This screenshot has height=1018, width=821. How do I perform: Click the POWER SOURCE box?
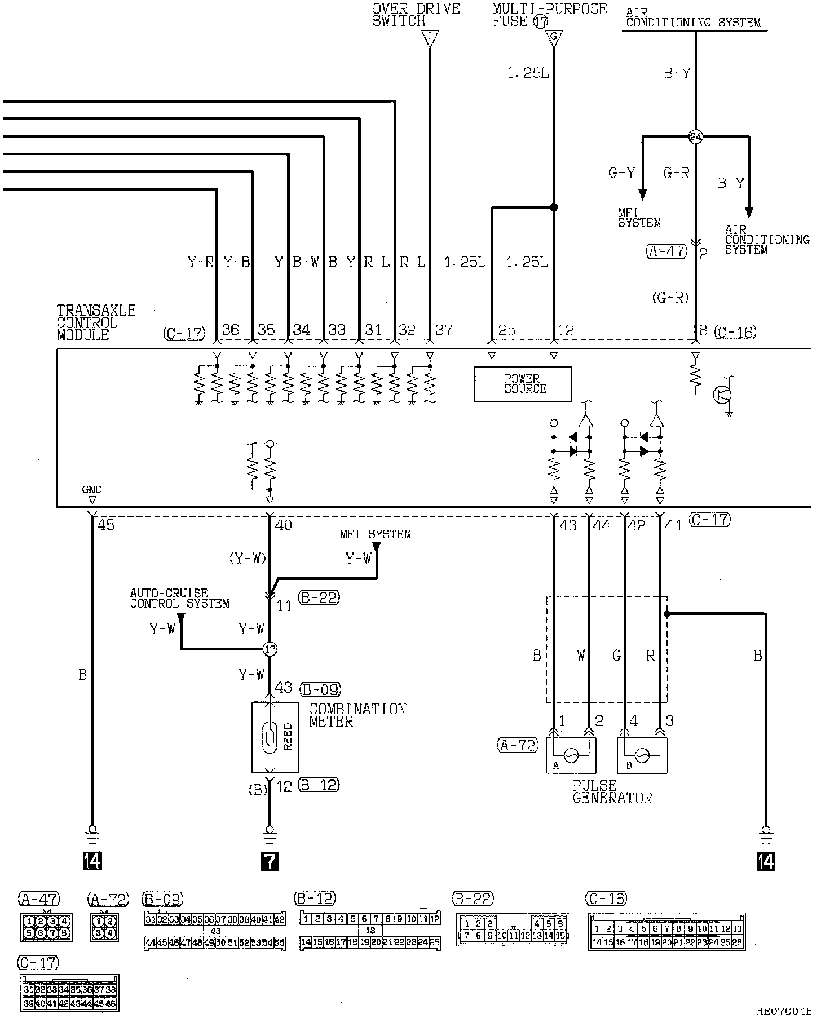coord(523,384)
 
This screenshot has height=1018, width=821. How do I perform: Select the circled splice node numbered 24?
coord(696,136)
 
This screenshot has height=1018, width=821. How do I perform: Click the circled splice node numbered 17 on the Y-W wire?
coord(270,649)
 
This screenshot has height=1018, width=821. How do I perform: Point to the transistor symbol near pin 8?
coord(722,395)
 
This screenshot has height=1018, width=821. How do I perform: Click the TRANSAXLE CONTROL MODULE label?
coord(96,322)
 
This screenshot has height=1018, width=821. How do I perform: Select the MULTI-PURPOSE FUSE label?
coord(549,15)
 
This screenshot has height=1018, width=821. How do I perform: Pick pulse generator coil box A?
coord(571,755)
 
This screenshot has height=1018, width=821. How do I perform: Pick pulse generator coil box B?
coord(642,755)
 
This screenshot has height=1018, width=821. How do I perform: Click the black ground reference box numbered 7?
coord(270,861)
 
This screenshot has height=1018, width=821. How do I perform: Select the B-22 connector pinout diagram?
coord(513,930)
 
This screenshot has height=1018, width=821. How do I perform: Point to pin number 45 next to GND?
coord(106,525)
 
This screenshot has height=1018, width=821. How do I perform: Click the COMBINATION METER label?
coord(357,715)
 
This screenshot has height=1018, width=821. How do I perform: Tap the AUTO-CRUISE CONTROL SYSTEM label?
coord(179,598)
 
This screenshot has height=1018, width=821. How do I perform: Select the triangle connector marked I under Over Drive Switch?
coord(430,38)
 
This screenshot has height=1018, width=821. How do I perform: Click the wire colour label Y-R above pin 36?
coord(200,262)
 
